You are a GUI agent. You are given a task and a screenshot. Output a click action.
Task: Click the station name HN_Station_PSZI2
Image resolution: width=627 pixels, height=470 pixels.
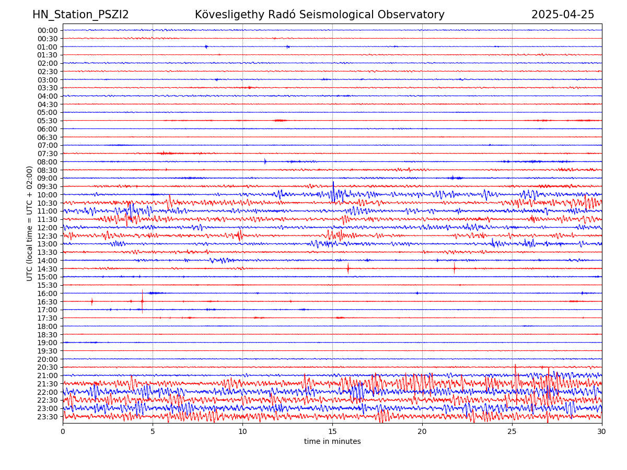[x=80, y=15]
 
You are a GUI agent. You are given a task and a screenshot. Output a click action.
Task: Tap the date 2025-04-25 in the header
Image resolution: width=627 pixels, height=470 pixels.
[x=563, y=15]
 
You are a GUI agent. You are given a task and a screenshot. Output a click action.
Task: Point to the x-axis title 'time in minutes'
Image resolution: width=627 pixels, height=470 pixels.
[x=332, y=442]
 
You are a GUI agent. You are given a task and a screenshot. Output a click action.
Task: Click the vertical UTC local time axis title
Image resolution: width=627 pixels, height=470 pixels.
[x=30, y=223]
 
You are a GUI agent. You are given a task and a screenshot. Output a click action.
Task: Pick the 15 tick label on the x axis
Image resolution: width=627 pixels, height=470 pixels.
[x=332, y=432]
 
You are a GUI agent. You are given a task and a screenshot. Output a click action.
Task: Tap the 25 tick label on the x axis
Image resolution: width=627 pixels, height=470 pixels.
[x=512, y=432]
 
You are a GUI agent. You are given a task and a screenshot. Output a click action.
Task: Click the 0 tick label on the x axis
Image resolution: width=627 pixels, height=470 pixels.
[x=63, y=432]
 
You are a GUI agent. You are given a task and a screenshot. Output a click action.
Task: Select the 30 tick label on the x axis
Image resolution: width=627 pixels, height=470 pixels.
[x=602, y=432]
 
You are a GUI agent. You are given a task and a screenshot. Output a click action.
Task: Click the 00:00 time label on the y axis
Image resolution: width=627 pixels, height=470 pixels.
[x=48, y=30]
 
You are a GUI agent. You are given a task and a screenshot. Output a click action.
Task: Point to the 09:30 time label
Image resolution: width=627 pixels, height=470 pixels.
[x=48, y=186]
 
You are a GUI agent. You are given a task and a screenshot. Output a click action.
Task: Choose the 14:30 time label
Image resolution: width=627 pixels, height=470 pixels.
[x=48, y=268]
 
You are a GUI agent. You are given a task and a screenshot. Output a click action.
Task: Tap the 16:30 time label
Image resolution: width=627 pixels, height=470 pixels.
[x=48, y=301]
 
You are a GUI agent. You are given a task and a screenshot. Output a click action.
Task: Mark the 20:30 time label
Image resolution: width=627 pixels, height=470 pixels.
[x=48, y=367]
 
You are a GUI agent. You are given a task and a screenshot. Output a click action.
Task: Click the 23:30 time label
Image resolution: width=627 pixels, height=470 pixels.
[x=48, y=417]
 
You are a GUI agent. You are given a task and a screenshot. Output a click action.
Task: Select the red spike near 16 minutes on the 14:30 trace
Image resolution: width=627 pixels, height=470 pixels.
[x=348, y=268]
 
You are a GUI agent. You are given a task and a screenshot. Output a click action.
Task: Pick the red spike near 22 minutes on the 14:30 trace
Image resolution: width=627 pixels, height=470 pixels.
[x=454, y=268]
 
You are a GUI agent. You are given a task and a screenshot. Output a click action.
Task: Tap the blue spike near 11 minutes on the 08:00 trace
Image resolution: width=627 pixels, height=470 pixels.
[x=265, y=161]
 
